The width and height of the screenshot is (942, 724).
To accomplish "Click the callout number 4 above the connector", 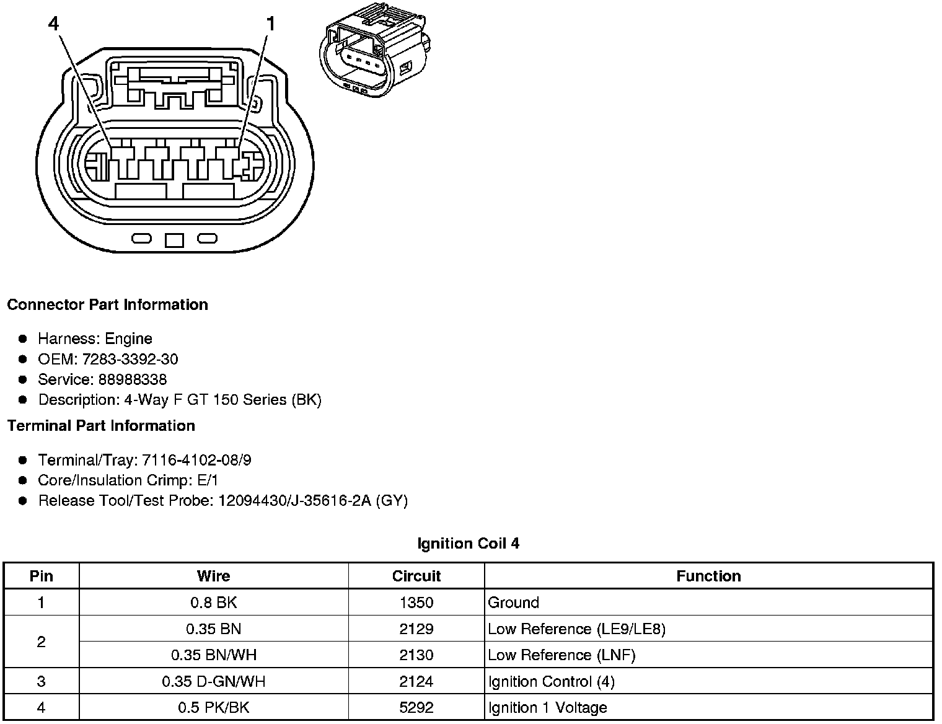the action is [x=54, y=24].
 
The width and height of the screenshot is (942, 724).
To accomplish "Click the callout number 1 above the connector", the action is [x=270, y=24].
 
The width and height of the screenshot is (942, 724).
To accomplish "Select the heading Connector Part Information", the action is [x=107, y=305].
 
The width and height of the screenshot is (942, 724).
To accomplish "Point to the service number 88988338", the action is [x=132, y=379].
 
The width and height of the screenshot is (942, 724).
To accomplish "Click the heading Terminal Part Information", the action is [x=101, y=426].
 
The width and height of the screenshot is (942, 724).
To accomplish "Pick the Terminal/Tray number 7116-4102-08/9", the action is [x=196, y=460].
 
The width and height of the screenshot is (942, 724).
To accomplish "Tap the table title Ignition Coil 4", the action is [x=468, y=544].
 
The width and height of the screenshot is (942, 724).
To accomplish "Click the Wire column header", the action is [x=213, y=576].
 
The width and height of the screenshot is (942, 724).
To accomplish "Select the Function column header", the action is [x=708, y=576].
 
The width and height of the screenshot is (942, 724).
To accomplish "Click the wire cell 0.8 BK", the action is [x=213, y=603].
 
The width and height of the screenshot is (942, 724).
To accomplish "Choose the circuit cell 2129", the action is [x=416, y=629].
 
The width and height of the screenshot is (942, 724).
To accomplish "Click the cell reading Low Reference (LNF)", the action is [x=561, y=655].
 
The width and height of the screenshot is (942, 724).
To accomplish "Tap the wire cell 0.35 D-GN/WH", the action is [x=213, y=682].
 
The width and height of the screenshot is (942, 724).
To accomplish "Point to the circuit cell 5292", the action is [x=416, y=708].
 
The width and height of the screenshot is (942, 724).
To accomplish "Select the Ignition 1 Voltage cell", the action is [x=547, y=708].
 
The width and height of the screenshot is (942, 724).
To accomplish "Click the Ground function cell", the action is [x=513, y=603].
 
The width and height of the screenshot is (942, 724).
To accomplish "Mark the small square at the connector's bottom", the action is [x=174, y=240].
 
